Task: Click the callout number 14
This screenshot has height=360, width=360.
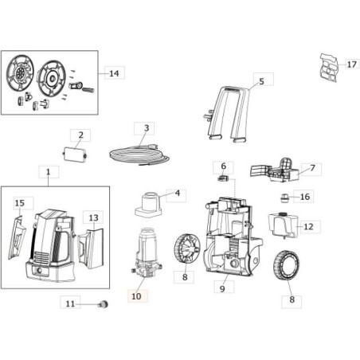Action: pos(114,73)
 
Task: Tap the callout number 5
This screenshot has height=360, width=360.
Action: pos(260,81)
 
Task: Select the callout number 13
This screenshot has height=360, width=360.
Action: pos(93,217)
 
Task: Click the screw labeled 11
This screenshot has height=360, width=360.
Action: pos(102,303)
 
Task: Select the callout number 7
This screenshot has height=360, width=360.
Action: pos(312,169)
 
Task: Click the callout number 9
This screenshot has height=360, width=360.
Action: pos(223,288)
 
